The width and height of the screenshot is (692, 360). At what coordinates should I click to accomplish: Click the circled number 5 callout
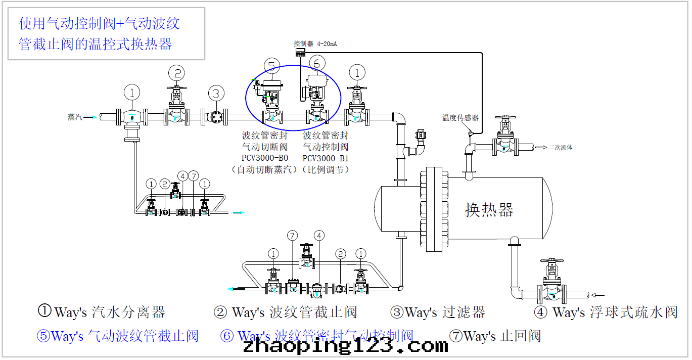coord(271,65)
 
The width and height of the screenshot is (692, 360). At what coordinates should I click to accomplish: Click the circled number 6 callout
coord(316,63)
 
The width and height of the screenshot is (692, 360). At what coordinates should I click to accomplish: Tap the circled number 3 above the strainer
coord(216,94)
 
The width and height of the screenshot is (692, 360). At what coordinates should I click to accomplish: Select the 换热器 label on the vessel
coord(489,209)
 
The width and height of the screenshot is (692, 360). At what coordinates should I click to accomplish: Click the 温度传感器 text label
coord(460,118)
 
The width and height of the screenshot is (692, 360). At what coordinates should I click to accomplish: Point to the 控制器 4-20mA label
coord(315,44)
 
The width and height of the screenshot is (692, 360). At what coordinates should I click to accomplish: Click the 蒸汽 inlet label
coord(75,117)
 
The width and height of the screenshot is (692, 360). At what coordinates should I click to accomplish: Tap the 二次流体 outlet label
coord(561,148)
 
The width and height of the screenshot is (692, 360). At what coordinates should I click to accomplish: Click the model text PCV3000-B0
coord(265,158)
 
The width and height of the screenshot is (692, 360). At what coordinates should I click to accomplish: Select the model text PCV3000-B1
coord(326,158)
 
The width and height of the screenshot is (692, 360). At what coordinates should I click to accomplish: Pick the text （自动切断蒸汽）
coord(265,170)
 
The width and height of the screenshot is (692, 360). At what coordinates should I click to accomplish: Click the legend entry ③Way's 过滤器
coord(438,312)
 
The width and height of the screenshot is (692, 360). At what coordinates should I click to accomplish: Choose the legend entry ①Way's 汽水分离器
coord(102,312)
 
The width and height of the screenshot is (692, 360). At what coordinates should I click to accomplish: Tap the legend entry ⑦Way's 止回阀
coord(495,336)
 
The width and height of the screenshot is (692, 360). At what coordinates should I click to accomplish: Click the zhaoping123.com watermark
coord(345,346)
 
